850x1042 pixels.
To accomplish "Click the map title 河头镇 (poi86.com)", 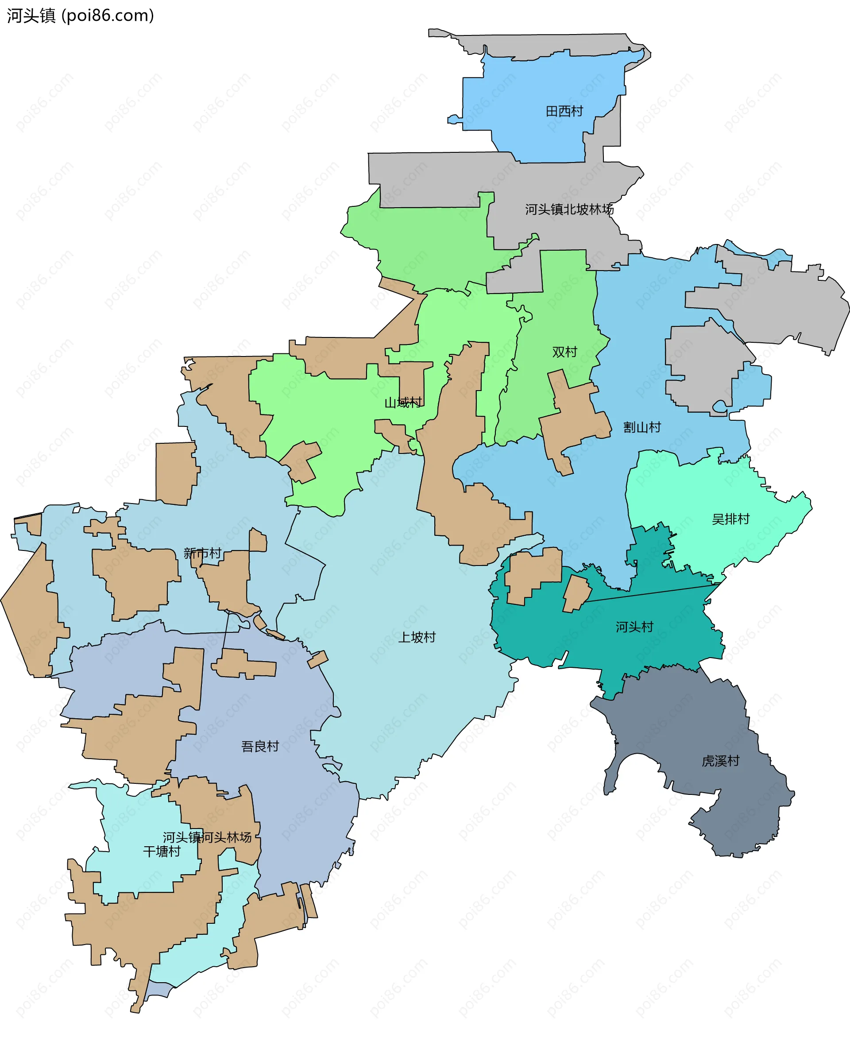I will [80, 15].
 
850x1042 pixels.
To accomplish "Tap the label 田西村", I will [564, 112].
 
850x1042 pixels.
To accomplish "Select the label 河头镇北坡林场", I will [569, 209].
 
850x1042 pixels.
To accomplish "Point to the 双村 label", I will [564, 352].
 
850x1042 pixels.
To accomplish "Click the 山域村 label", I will [402, 403].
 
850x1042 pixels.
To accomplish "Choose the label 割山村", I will [641, 427].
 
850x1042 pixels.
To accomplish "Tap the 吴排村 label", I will [730, 519].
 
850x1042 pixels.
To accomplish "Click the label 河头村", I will [634, 627].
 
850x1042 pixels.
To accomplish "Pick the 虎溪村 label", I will [720, 761].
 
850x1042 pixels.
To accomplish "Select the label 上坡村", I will [416, 637].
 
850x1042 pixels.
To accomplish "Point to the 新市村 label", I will [202, 553].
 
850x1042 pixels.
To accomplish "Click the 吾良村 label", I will [259, 746].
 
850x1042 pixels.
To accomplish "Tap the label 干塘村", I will [162, 852].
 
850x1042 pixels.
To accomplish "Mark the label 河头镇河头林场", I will [207, 837].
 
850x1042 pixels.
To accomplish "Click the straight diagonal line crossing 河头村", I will [651, 593].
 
